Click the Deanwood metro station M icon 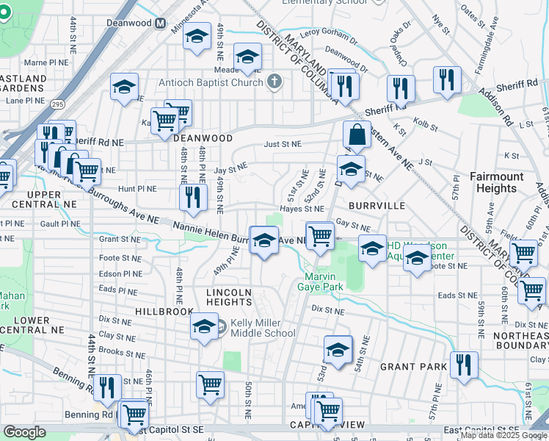[x=160, y=24]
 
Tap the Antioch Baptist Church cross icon [x=274, y=81]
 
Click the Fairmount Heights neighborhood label [x=497, y=182]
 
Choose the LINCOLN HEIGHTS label [x=229, y=297]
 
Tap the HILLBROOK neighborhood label [x=164, y=312]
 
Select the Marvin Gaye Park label [x=320, y=282]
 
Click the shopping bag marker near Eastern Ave [x=357, y=135]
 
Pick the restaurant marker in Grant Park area [x=463, y=365]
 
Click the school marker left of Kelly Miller [x=205, y=326]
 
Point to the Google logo [x=25, y=432]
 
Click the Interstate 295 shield [x=58, y=105]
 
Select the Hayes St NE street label [x=302, y=209]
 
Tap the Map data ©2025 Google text [x=504, y=435]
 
